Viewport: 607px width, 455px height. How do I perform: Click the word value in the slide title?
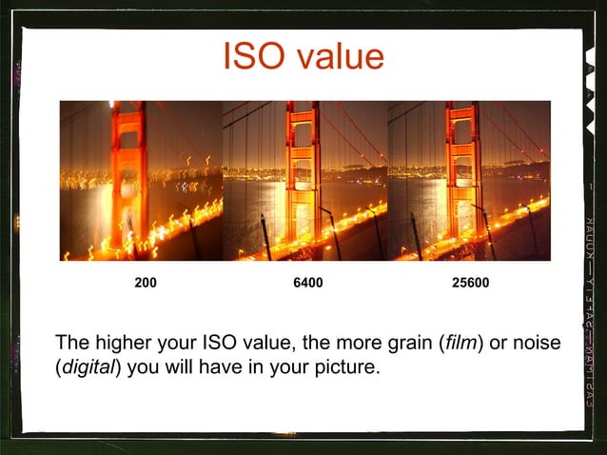pos(338,56)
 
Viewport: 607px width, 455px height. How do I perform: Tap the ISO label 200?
pos(146,283)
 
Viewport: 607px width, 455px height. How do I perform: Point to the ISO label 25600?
pos(471,283)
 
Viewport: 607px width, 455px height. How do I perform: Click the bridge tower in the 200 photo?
pos(129,171)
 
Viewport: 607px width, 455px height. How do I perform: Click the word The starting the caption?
pos(72,343)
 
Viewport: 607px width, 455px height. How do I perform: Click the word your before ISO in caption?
pos(178,343)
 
